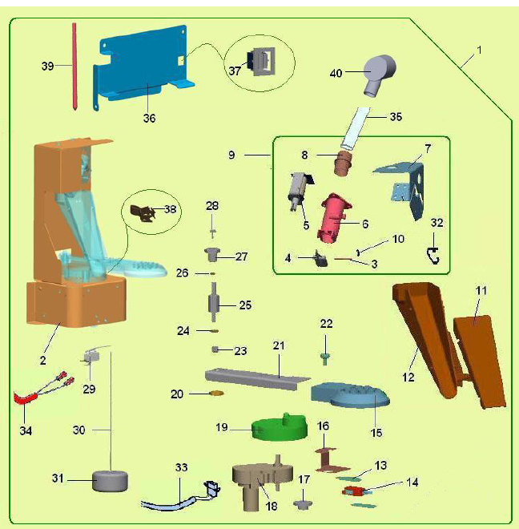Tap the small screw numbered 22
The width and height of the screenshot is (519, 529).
coord(327,351)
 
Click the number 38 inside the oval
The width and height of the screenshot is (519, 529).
coord(169,209)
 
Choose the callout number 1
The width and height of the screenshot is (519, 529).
coord(479,50)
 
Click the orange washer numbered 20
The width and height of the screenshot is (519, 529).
coord(215,394)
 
